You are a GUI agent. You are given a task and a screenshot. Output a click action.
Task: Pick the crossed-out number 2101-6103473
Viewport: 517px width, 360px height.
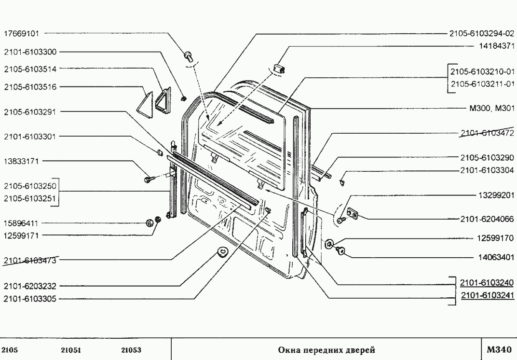point(30,261)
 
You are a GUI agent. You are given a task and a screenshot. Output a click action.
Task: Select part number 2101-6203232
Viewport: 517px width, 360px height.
point(30,286)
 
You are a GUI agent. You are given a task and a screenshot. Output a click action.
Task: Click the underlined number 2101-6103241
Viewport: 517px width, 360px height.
point(488,296)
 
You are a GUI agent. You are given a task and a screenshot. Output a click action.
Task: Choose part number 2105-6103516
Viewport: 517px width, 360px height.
point(30,87)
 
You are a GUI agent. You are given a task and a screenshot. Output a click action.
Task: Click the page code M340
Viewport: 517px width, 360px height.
point(498,349)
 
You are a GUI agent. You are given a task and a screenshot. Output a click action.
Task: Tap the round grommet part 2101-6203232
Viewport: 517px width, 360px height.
point(222,252)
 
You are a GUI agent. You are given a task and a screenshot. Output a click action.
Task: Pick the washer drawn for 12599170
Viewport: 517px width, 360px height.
point(330,243)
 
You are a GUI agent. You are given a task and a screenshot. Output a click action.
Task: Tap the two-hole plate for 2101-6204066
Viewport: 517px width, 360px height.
point(354,214)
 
